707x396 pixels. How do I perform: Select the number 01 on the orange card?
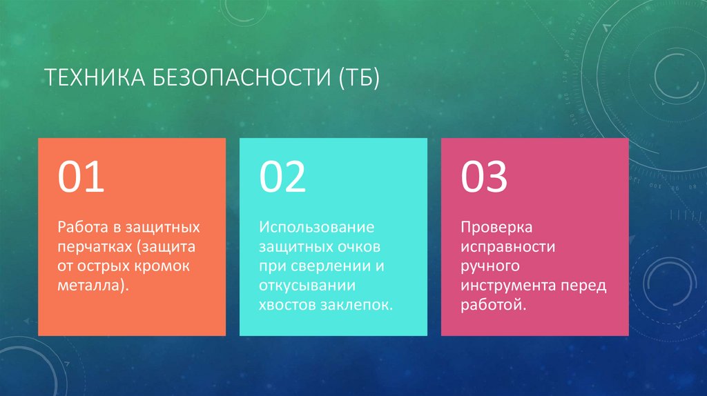pos(81,177)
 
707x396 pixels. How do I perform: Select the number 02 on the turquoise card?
pos(282,177)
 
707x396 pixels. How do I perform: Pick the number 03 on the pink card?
pos(484,177)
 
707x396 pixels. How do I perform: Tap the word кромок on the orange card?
pos(163,266)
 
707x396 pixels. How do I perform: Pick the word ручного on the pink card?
pos(490,266)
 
